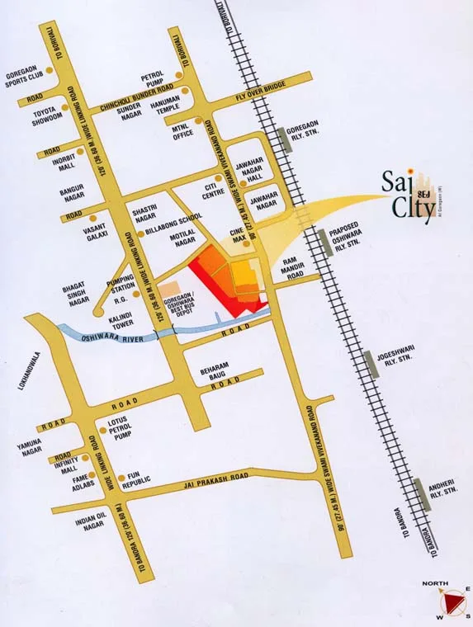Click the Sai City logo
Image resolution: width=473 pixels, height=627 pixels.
click(x=406, y=198)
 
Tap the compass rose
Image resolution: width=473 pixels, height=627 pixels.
click(x=450, y=600)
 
